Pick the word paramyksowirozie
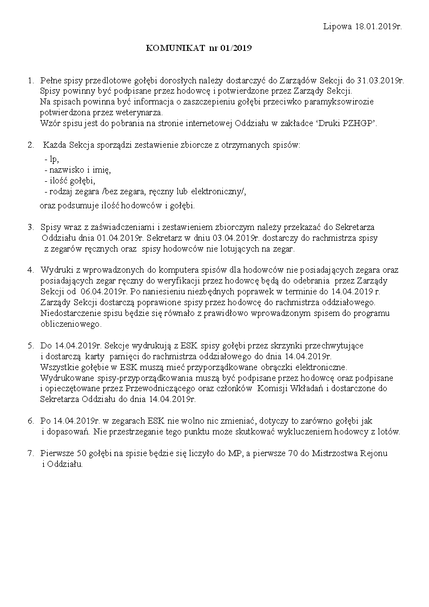[x=346, y=102]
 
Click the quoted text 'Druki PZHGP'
[x=353, y=123]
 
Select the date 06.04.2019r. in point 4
[x=102, y=291]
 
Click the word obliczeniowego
[x=70, y=324]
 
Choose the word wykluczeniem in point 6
[x=315, y=432]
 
